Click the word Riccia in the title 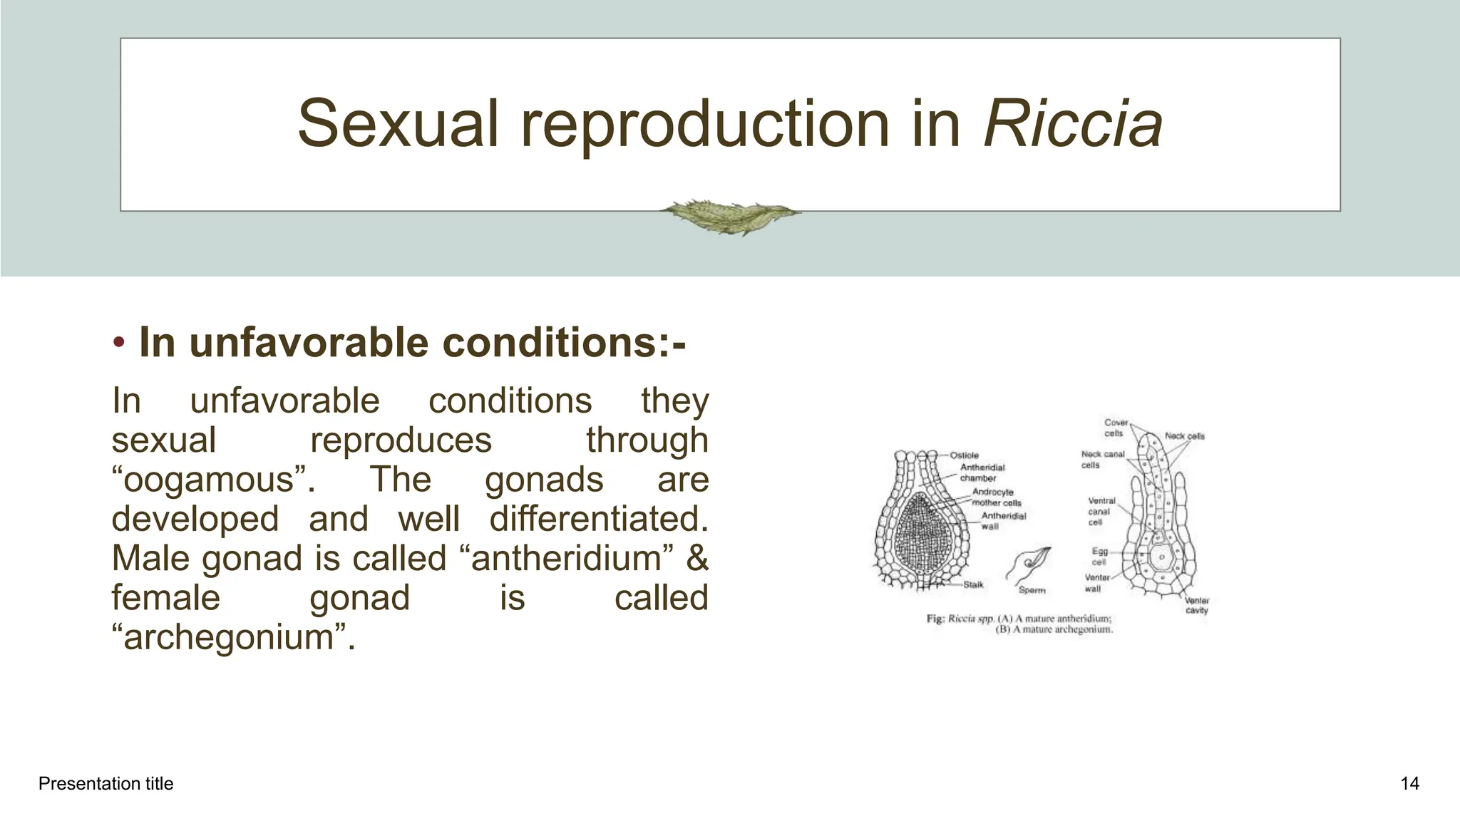(x=1072, y=124)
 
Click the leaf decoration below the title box (x=729, y=216)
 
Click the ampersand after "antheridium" (x=697, y=558)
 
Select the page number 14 (x=1409, y=784)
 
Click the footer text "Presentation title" (x=106, y=784)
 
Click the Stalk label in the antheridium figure (x=973, y=584)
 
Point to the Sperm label (x=1032, y=590)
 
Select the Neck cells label (x=1184, y=436)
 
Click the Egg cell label (x=1099, y=557)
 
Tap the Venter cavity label (x=1197, y=606)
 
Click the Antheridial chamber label (x=982, y=473)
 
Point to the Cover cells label (x=1115, y=428)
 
